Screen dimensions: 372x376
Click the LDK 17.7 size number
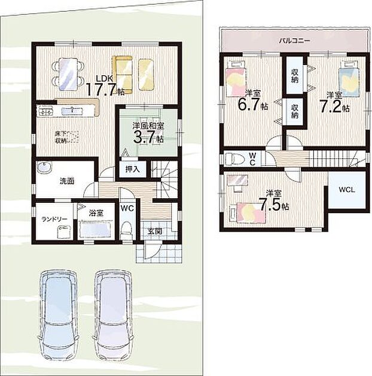(101, 89)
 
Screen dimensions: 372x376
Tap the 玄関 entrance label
(154, 232)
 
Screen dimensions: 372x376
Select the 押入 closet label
(132, 169)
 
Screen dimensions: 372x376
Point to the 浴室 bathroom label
(96, 213)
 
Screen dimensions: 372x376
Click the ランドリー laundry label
(54, 219)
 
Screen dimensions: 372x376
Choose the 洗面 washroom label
(67, 181)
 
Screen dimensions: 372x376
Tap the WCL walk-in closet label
(347, 190)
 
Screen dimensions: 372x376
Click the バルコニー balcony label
(294, 41)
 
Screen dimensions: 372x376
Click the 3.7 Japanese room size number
(144, 138)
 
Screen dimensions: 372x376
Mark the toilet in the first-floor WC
(126, 230)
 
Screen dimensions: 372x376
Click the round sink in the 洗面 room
(44, 167)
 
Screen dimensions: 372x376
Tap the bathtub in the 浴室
(96, 230)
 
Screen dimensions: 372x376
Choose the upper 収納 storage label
(295, 76)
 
